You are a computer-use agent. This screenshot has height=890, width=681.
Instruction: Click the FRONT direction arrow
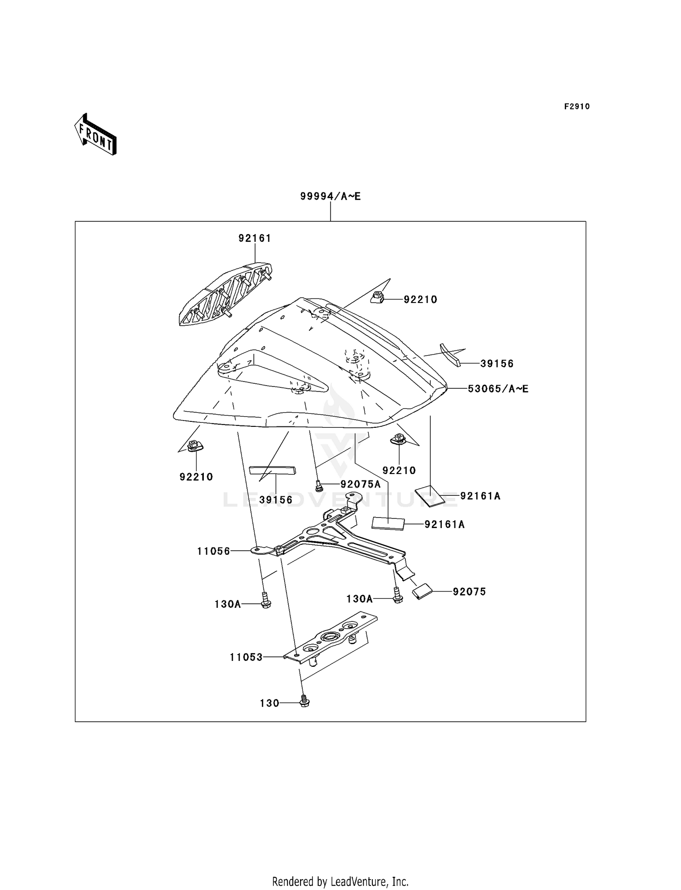tap(95, 135)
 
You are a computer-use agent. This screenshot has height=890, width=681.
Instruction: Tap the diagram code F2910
tap(577, 107)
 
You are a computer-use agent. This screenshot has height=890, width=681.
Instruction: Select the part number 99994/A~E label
tap(330, 196)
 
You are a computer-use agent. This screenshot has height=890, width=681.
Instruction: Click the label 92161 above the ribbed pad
tap(255, 238)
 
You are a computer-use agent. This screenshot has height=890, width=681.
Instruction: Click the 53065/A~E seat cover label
tap(498, 389)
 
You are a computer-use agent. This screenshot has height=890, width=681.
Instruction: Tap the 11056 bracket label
tap(213, 551)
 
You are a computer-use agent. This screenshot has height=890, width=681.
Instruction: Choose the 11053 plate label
tap(246, 657)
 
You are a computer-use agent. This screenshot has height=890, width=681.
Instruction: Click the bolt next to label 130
tap(305, 702)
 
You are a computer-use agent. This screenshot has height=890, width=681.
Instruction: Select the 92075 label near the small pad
tap(469, 592)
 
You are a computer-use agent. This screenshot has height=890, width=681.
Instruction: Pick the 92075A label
tap(360, 484)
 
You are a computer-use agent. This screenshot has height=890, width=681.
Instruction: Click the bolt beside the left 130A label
tap(266, 601)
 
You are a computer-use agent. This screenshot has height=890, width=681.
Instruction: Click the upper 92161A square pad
tap(429, 496)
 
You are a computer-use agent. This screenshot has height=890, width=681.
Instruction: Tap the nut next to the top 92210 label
tap(378, 298)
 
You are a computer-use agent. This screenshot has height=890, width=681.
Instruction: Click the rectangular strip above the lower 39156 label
tap(272, 469)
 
